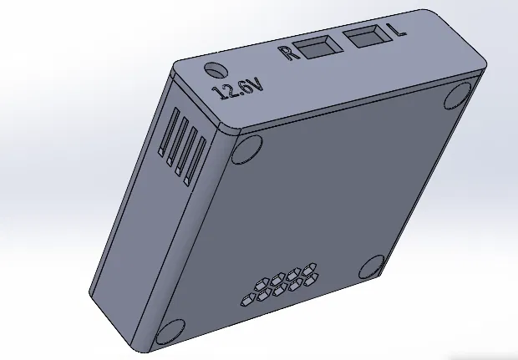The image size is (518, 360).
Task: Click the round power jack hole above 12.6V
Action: click(216, 69)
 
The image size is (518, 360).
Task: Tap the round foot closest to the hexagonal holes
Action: click(372, 269)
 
